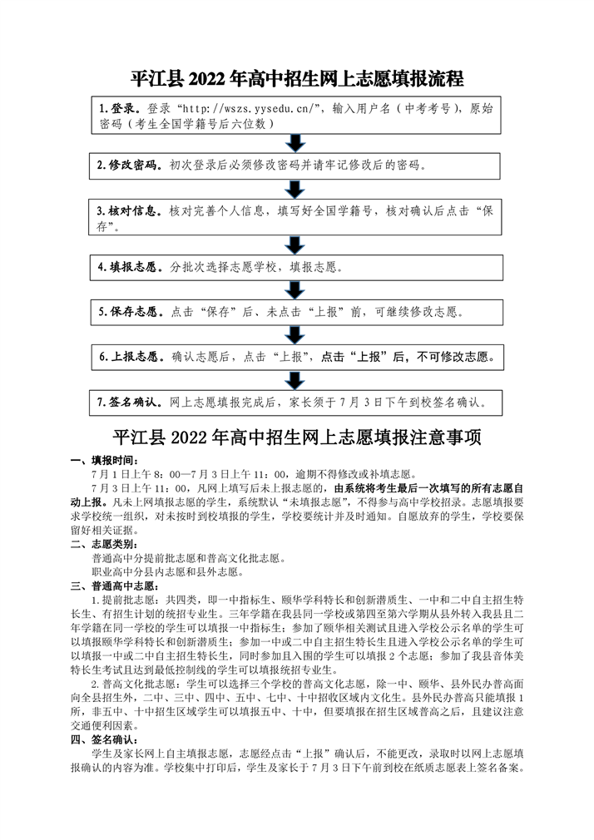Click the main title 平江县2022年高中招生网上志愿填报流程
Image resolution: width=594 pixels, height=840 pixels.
(297, 79)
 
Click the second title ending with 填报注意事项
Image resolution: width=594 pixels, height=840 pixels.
(297, 437)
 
